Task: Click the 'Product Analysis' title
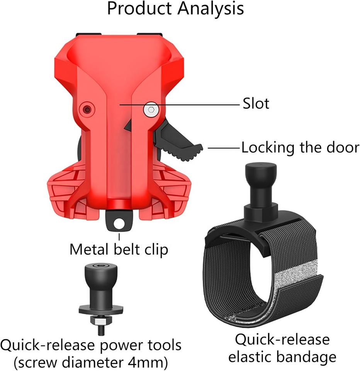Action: coord(175,9)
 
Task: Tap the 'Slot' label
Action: coord(256,104)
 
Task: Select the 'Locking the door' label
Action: coord(300,148)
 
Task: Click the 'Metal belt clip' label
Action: coord(119,249)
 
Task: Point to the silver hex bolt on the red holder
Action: coord(151,109)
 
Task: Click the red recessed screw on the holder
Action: coord(88,109)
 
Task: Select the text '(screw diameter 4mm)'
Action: coord(91,362)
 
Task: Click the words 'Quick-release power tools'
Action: coord(91,345)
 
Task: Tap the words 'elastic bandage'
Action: coord(282,357)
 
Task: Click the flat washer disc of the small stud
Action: coord(101,309)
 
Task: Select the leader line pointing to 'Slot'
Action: coord(179,104)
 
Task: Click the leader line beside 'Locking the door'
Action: coord(224,148)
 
